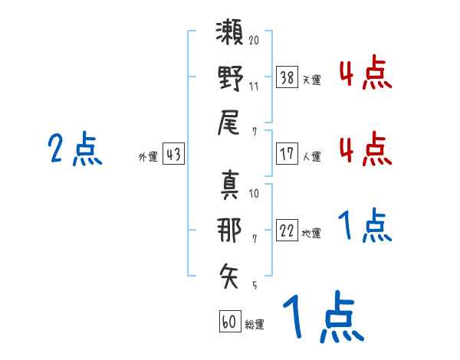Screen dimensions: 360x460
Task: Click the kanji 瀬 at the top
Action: [x=230, y=36]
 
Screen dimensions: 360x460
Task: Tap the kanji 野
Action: [x=230, y=79]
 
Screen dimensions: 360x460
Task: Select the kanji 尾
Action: [x=230, y=123]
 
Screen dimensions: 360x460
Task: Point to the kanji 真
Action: [x=230, y=185]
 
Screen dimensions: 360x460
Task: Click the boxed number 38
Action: [x=287, y=77]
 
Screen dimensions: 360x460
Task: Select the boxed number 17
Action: [x=287, y=153]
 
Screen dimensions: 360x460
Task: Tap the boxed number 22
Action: [x=287, y=231]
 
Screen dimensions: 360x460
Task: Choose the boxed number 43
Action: [x=172, y=154]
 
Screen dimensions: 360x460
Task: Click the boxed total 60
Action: [x=229, y=322]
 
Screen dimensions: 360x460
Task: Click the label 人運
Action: [x=311, y=156]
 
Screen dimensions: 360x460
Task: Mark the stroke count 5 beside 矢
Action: [x=254, y=285]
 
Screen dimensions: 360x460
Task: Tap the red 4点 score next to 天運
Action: [x=365, y=74]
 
